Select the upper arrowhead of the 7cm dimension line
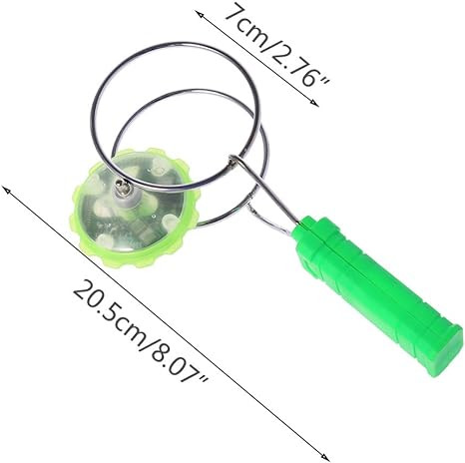(199, 14)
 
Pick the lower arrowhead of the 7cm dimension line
(314, 103)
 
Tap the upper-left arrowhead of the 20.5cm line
(6, 190)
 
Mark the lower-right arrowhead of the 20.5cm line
(324, 458)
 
